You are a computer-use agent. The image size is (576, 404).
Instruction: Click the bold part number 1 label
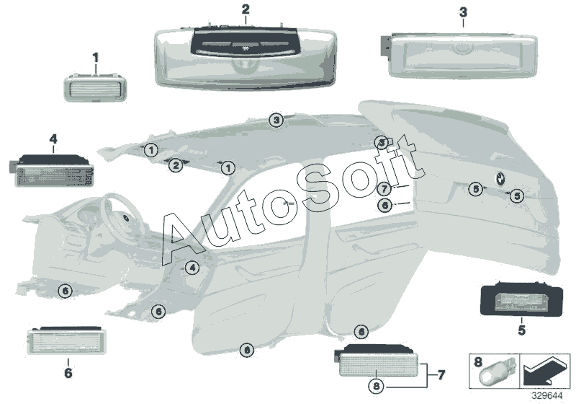pos(96,56)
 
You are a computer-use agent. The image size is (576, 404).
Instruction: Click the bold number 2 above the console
pos(246,9)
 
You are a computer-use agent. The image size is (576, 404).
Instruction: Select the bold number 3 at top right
pos(462,12)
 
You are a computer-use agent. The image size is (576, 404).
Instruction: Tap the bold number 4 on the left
pos(53,138)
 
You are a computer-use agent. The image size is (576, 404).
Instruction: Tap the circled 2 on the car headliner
pos(175,166)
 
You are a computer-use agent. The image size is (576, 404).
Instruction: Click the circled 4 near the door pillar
pos(192,268)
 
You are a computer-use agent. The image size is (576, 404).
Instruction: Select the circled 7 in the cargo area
pos(385,189)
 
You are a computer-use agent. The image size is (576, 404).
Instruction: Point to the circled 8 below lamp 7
pos(376,385)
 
